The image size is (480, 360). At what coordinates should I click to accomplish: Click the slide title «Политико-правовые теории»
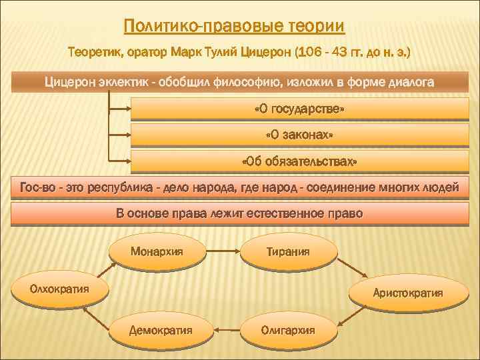(x=235, y=27)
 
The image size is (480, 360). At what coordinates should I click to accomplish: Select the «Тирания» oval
(x=288, y=251)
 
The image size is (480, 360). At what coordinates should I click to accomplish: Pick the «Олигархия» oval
(x=288, y=329)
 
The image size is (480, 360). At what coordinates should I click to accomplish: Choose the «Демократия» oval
(x=161, y=329)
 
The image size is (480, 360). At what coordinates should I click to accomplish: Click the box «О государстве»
(x=299, y=109)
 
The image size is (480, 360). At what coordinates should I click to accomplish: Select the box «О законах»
(x=299, y=135)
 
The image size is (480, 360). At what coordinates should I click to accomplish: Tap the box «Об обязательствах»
(x=299, y=162)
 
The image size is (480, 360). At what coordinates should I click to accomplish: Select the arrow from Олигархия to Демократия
(x=225, y=329)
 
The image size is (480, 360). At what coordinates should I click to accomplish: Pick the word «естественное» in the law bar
(x=289, y=214)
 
